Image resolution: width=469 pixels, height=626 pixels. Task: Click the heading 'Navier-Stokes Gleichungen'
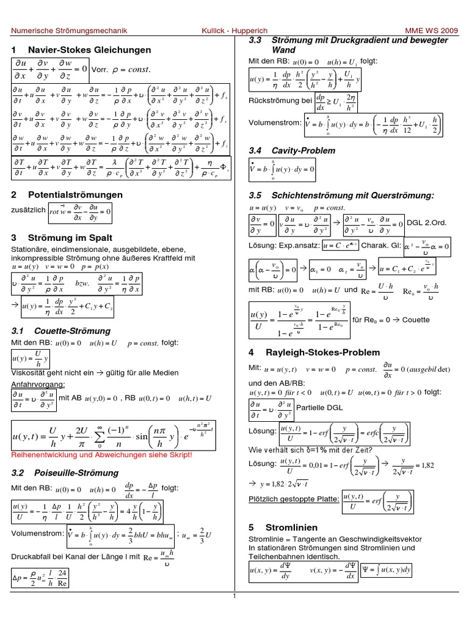(x=89, y=49)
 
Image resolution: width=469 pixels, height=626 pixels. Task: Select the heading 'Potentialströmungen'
(x=75, y=194)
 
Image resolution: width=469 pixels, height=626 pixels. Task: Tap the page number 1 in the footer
(x=234, y=614)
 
